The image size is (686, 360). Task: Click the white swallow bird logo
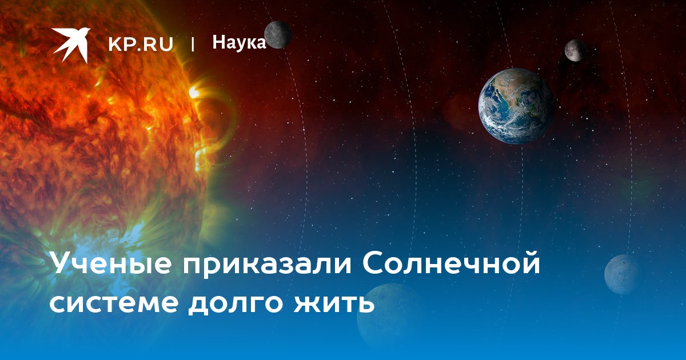pos(70,45)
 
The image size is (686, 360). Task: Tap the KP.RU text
pos(141,44)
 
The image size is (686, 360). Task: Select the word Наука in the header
pos(239,42)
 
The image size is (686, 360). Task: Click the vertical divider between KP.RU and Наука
pos(193,44)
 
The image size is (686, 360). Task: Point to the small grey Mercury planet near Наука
pos(277,35)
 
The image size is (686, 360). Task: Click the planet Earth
pos(517,106)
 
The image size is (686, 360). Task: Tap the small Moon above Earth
pos(576,50)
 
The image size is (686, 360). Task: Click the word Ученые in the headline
pos(110,263)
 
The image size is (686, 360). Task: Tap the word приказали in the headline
pos(267,263)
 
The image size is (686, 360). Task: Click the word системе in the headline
pos(114,302)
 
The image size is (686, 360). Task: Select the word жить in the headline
pos(334,302)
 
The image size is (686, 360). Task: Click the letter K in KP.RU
pos(114,44)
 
